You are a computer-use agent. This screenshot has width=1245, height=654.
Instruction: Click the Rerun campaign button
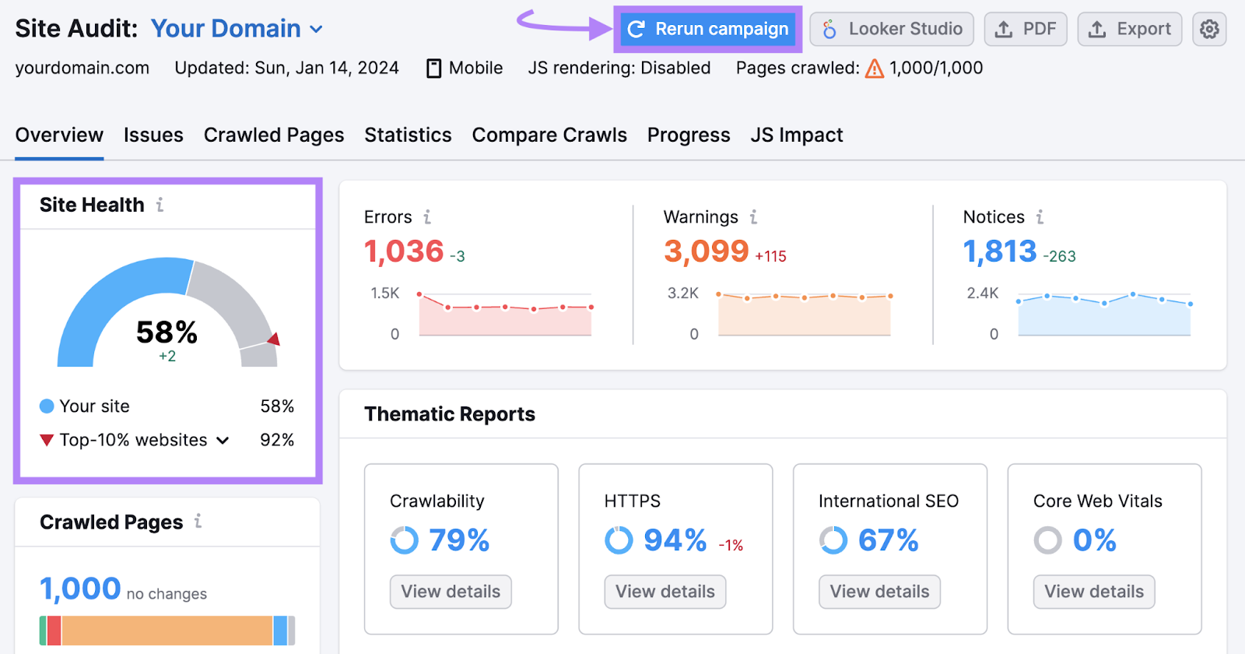coord(708,30)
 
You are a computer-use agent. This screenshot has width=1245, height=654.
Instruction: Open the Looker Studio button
coord(892,30)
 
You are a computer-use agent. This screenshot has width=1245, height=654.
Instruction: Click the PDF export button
coord(1026,30)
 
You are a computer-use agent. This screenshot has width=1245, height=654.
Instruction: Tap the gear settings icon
coord(1209,30)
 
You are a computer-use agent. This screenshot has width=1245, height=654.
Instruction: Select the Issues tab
coord(153,135)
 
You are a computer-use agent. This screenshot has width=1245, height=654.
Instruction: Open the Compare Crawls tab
coord(549,135)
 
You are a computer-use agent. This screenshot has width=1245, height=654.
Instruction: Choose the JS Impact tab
coord(797,135)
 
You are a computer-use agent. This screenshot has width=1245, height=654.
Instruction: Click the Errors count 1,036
coord(404,251)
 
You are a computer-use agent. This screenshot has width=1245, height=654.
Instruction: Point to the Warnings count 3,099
coord(706,251)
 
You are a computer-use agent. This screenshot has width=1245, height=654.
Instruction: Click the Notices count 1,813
coord(1000,251)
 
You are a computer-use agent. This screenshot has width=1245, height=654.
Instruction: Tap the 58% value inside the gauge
coord(167,332)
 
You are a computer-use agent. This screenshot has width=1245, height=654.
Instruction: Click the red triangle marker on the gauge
coord(274,339)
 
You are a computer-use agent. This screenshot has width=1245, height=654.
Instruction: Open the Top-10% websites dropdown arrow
coord(223,441)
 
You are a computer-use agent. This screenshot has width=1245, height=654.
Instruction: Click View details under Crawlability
coord(451,592)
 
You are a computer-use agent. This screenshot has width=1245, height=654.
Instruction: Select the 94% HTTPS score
coord(675,540)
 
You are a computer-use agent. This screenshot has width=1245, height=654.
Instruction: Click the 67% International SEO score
coord(888,540)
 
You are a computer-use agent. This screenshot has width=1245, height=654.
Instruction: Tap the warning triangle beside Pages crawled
coord(875,69)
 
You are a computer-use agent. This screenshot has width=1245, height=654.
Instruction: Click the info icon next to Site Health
coord(160,205)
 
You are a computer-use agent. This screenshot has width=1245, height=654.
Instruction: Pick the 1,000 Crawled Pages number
coord(80,589)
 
